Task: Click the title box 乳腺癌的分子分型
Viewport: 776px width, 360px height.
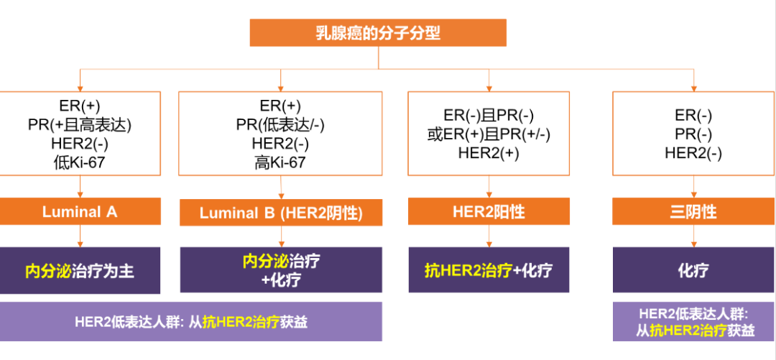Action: (378, 33)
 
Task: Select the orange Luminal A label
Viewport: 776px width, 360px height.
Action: (80, 212)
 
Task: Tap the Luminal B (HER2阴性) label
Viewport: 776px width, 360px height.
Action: (281, 213)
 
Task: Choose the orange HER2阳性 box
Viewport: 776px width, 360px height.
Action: (489, 212)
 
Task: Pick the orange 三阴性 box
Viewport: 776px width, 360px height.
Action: (693, 212)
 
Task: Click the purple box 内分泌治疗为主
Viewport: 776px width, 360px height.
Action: (80, 271)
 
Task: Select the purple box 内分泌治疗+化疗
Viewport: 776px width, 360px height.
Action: (281, 271)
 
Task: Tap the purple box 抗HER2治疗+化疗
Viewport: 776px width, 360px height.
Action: (489, 270)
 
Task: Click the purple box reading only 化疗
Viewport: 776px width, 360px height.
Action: (693, 270)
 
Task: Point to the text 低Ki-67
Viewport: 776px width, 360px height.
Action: (79, 162)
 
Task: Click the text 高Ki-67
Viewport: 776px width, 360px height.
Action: (280, 162)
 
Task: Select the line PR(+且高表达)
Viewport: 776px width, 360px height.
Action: (79, 124)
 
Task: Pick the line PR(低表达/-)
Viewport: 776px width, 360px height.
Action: (280, 125)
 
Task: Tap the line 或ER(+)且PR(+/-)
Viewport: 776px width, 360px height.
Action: (489, 134)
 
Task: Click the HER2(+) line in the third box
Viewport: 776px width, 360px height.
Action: (489, 152)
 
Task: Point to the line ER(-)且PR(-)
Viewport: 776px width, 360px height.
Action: (489, 115)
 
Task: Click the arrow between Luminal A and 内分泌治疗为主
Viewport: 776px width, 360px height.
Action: (80, 236)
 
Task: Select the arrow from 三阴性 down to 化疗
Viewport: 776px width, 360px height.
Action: (693, 236)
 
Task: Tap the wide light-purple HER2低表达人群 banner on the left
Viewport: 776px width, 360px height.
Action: (190, 322)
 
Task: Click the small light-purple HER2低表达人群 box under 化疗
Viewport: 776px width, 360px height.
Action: (693, 322)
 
